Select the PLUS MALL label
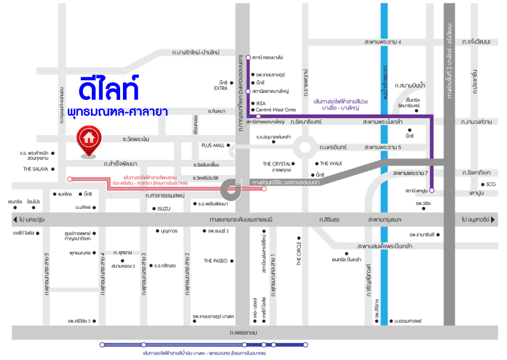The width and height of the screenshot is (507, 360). point(213,145)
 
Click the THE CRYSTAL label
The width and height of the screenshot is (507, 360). point(276,164)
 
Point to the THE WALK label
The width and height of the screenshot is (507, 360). point(332,163)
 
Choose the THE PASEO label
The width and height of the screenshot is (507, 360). point(215,261)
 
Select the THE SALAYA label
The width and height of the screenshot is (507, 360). point(36,169)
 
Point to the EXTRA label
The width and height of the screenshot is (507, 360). point(221,88)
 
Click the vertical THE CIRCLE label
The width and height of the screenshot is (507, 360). point(299,252)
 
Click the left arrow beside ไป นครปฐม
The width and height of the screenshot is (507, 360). point(14,219)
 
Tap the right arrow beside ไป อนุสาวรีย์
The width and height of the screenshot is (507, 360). point(493,219)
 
